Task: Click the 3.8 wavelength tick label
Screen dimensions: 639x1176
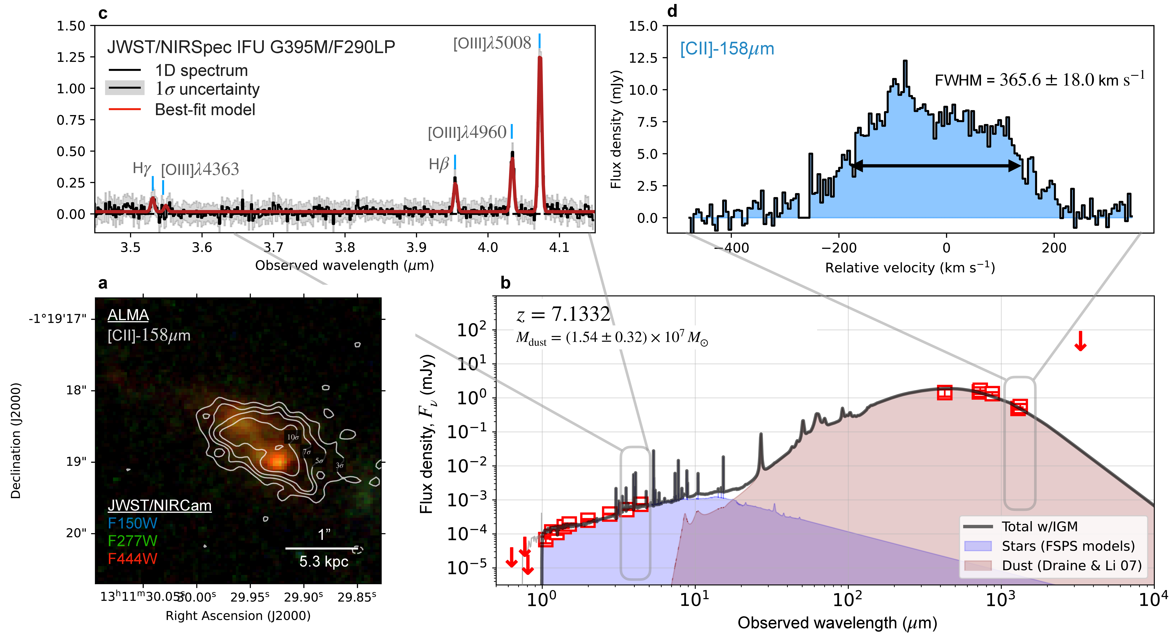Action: coord(345,247)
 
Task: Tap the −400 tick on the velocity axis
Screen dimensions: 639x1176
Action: coord(732,248)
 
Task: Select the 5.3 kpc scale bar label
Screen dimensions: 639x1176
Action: coord(324,561)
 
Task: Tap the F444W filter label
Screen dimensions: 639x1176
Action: coord(132,559)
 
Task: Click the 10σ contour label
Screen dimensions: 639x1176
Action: coord(293,437)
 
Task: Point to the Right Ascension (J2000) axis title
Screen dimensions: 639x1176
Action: coord(238,616)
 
